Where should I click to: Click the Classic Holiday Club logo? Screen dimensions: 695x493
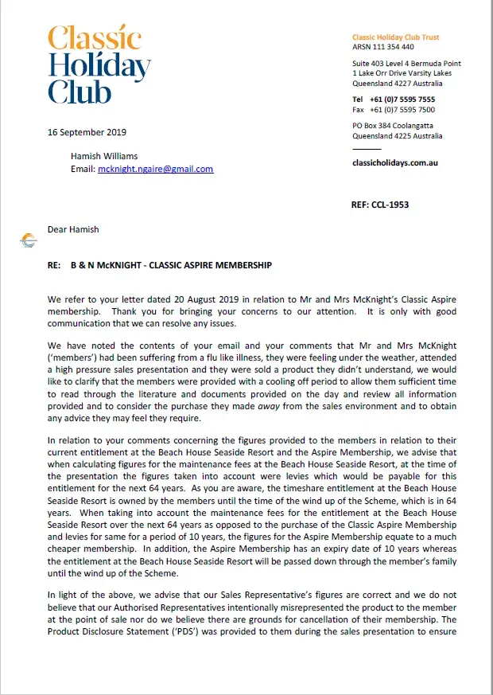click(x=99, y=65)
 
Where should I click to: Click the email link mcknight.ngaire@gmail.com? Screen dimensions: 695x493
click(x=155, y=170)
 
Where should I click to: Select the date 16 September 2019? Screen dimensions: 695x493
click(x=87, y=133)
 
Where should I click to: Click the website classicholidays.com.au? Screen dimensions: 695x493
click(x=394, y=162)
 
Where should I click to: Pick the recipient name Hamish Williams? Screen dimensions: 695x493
click(x=104, y=157)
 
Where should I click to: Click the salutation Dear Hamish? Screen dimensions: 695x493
click(x=74, y=229)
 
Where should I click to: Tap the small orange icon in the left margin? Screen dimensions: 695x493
click(x=29, y=240)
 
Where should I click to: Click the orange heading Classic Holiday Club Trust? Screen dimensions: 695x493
click(x=395, y=37)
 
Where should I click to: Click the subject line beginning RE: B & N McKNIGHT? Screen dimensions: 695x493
click(x=160, y=264)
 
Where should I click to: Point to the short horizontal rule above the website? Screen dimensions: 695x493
click(x=367, y=149)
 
